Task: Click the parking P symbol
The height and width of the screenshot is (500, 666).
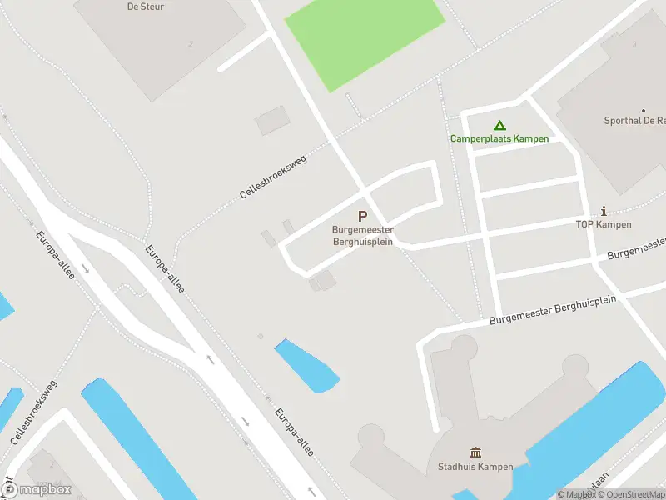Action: [362, 217]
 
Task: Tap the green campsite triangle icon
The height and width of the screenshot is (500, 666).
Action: [488, 125]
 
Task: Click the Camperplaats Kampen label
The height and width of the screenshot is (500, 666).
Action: [499, 138]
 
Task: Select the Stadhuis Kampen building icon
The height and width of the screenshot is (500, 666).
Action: [475, 452]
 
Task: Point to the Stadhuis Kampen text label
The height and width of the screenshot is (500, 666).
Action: [475, 467]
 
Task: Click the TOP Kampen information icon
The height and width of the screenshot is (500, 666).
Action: [604, 212]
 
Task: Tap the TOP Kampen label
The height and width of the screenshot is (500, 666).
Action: [604, 225]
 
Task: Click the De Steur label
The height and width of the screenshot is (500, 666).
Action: [146, 7]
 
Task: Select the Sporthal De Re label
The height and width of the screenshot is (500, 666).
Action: [635, 121]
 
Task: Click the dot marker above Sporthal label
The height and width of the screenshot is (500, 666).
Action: [644, 110]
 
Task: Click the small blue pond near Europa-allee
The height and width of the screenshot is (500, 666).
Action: [306, 365]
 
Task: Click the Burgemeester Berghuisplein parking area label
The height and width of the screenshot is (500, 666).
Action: [362, 236]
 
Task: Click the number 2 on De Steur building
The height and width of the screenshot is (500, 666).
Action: [191, 43]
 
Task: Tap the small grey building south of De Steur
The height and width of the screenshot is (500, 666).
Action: [272, 121]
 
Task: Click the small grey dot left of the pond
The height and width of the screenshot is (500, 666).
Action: [261, 337]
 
